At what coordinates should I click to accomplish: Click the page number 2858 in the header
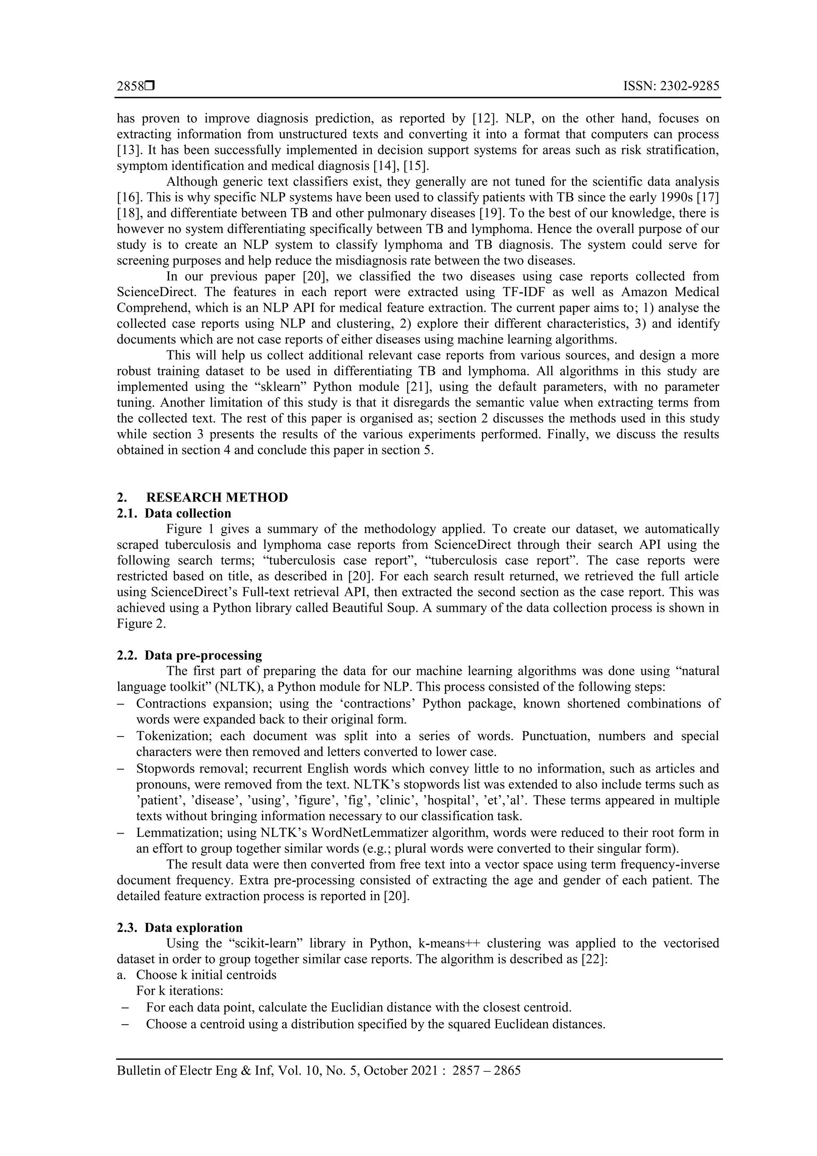coord(130,87)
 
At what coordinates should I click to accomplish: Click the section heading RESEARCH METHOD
coord(217,498)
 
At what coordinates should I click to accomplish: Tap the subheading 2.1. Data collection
coord(174,514)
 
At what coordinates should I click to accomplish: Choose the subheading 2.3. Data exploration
coord(180,927)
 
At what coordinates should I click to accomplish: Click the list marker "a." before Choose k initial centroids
coord(121,975)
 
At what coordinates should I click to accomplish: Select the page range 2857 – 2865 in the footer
coord(486,1071)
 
